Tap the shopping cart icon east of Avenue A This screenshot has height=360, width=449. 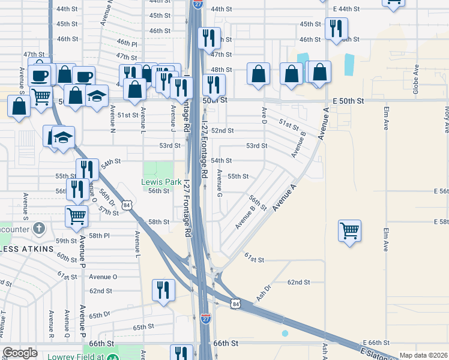[x=349, y=230]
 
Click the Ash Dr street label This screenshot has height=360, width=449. [x=264, y=292]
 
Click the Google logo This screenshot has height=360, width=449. [x=20, y=353]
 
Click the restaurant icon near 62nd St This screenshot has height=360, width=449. [x=164, y=290]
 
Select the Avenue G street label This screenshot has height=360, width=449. [x=220, y=183]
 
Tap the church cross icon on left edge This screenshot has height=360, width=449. [x=39, y=228]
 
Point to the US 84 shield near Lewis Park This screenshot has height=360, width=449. [x=125, y=205]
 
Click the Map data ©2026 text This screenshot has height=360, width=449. [x=423, y=355]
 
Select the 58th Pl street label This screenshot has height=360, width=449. [x=99, y=236]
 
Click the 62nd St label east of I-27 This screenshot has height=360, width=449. [x=298, y=282]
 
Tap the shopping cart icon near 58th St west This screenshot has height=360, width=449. [x=77, y=216]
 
